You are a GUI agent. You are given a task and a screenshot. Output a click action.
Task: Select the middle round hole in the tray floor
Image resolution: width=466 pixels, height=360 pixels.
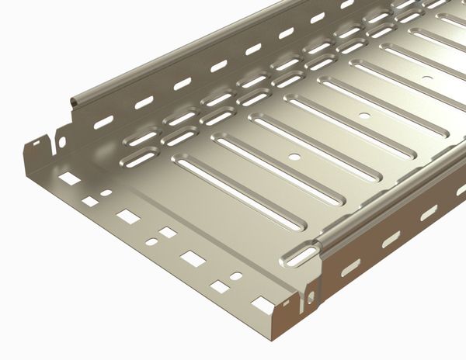pyautogui.click(x=364, y=116)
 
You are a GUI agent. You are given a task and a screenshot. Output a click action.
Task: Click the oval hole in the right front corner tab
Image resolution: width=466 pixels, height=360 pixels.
pyautogui.click(x=311, y=297)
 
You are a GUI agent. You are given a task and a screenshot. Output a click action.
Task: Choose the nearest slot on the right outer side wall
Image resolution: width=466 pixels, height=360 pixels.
pyautogui.click(x=351, y=267)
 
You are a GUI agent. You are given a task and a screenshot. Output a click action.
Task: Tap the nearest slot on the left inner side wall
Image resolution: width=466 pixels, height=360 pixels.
pyautogui.click(x=103, y=121)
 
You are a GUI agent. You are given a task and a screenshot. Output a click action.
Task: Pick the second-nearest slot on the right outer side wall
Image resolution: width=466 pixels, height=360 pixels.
pyautogui.click(x=391, y=239)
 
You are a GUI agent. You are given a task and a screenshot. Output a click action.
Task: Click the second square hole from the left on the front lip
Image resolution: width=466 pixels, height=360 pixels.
pyautogui.click(x=90, y=201)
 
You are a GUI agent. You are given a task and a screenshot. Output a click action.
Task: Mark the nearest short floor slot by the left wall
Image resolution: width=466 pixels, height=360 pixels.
pyautogui.click(x=138, y=159)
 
